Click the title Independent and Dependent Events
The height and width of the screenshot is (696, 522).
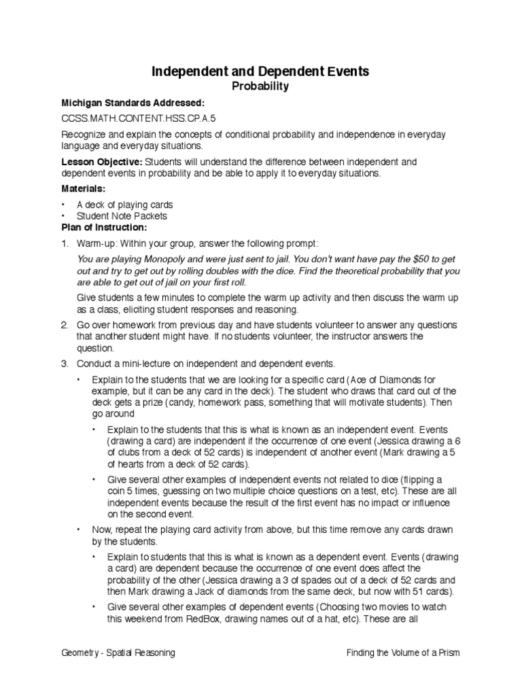click(x=260, y=71)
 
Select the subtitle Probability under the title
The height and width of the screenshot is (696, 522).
click(x=260, y=86)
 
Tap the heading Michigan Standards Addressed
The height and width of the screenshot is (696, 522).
click(x=132, y=102)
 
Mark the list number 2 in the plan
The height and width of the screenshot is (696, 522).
click(x=65, y=325)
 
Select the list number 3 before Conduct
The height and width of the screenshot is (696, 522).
click(x=65, y=364)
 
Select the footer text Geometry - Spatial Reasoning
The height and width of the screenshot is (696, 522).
click(x=118, y=652)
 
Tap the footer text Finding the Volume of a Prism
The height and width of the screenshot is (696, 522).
click(x=402, y=652)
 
